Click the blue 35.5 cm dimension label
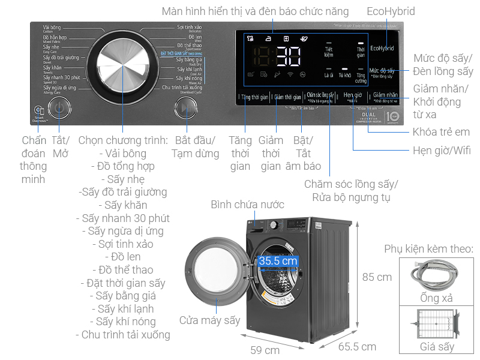click(278, 261)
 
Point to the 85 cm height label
click(377, 277)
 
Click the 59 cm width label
click(265, 350)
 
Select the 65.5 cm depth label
click(357, 346)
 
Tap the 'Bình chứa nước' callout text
click(247, 205)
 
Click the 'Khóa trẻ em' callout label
click(441, 132)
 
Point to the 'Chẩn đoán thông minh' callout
click(34, 159)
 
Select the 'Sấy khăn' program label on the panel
click(52, 68)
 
